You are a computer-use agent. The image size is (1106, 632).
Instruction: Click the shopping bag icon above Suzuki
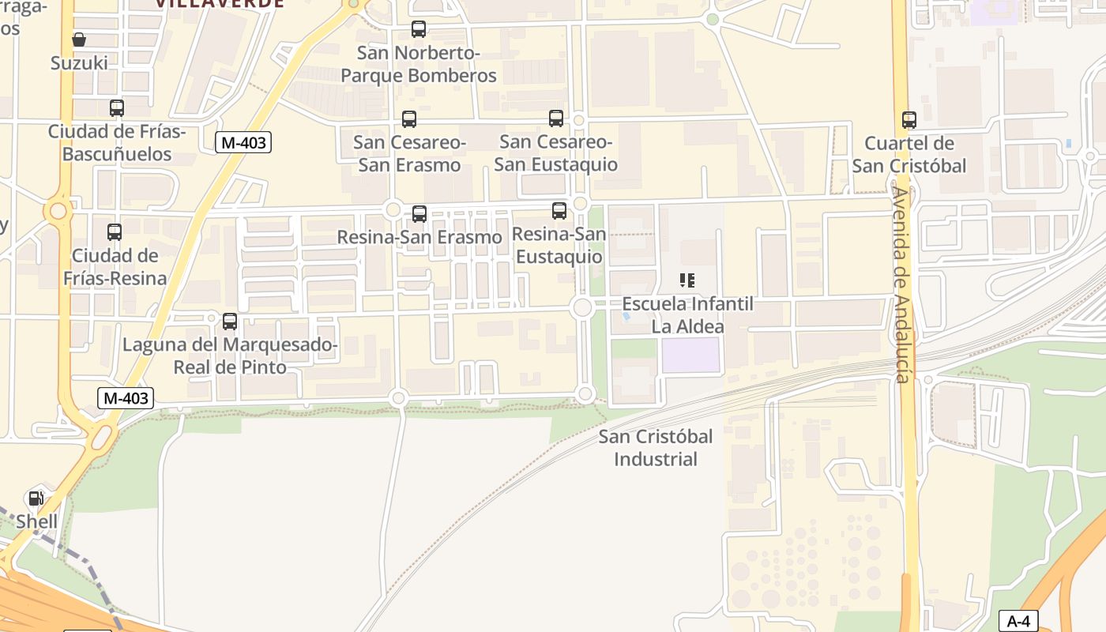(x=79, y=39)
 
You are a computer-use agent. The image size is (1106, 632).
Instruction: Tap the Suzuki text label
(x=79, y=63)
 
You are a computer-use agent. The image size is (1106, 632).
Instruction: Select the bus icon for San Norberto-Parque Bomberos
(x=419, y=30)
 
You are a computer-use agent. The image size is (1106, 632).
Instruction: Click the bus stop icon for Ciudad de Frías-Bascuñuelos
(x=117, y=108)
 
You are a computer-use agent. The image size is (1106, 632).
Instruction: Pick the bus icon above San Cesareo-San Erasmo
(x=409, y=119)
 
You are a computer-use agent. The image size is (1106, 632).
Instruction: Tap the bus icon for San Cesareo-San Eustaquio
(x=556, y=118)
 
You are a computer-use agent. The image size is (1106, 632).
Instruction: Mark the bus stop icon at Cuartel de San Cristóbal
(x=909, y=120)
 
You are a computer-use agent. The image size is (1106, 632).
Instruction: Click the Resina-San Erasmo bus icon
(x=419, y=213)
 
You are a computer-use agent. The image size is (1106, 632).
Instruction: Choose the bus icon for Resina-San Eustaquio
(x=559, y=211)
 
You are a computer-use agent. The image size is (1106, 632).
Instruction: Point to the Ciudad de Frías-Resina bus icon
(x=115, y=232)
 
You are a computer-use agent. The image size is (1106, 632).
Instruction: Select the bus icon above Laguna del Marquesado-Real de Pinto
(x=230, y=322)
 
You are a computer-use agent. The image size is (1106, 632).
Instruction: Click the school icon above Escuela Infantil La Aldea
(x=687, y=280)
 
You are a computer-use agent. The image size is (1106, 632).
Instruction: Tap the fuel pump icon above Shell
(x=36, y=498)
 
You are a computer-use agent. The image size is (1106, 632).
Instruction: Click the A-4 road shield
(x=1018, y=621)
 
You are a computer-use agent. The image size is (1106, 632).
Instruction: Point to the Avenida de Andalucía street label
(x=902, y=284)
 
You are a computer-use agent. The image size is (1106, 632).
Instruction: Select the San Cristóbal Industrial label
(x=656, y=448)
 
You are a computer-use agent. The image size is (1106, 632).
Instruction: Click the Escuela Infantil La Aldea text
(x=687, y=314)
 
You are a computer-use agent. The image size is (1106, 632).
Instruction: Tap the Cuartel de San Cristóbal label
(x=909, y=155)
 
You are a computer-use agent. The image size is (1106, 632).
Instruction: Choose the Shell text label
(x=37, y=522)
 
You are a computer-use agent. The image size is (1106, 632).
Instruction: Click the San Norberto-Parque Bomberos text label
(x=419, y=65)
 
